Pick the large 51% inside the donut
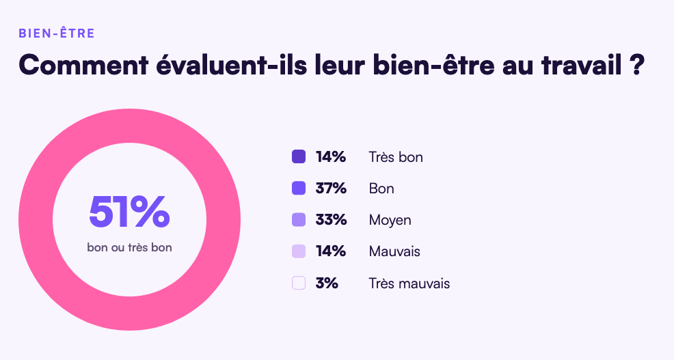click(129, 212)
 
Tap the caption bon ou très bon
click(129, 247)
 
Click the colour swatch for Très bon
click(299, 157)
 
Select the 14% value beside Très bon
click(330, 157)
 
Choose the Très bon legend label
click(395, 157)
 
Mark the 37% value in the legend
click(330, 189)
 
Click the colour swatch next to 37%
click(299, 189)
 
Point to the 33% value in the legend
click(330, 220)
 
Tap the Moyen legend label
click(390, 220)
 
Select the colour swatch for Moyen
click(299, 220)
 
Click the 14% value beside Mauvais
click(330, 251)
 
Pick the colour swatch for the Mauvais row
click(299, 251)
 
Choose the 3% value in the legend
click(327, 283)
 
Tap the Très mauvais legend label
click(409, 283)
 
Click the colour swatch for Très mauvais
click(299, 283)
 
